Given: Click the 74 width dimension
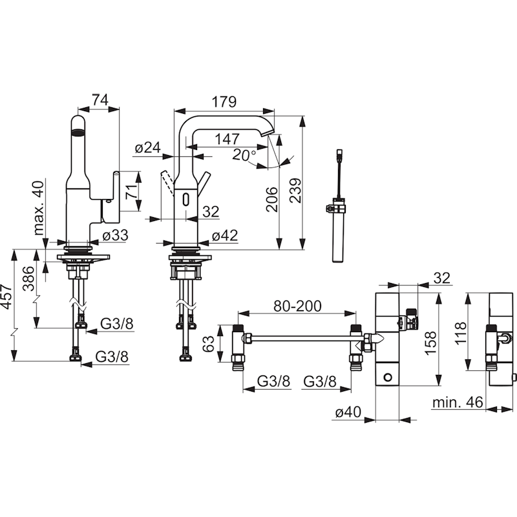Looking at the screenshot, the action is click(x=100, y=100).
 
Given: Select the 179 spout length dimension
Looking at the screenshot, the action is click(x=224, y=101).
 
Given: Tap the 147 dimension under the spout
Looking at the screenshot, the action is click(x=227, y=139).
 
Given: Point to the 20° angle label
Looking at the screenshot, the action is click(x=244, y=154).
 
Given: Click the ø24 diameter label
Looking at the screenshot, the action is click(x=148, y=148).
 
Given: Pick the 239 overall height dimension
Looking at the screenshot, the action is click(x=295, y=191).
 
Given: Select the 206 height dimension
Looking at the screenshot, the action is click(x=271, y=199).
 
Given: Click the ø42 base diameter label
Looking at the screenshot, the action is click(x=224, y=236).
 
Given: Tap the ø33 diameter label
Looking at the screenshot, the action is click(x=115, y=235).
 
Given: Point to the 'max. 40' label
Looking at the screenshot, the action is click(x=39, y=207).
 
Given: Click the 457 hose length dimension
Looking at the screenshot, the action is click(x=6, y=297).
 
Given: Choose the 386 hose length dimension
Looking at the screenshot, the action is click(x=28, y=279).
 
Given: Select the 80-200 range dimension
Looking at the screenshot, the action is click(x=297, y=306).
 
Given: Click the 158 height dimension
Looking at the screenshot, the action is click(x=430, y=343).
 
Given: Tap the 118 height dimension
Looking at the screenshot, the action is click(x=461, y=333).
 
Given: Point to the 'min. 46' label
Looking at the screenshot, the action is click(x=458, y=402).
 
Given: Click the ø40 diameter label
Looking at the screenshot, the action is click(x=348, y=412).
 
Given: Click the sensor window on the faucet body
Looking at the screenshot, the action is click(x=186, y=199).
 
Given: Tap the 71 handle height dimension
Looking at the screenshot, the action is click(x=132, y=191).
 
